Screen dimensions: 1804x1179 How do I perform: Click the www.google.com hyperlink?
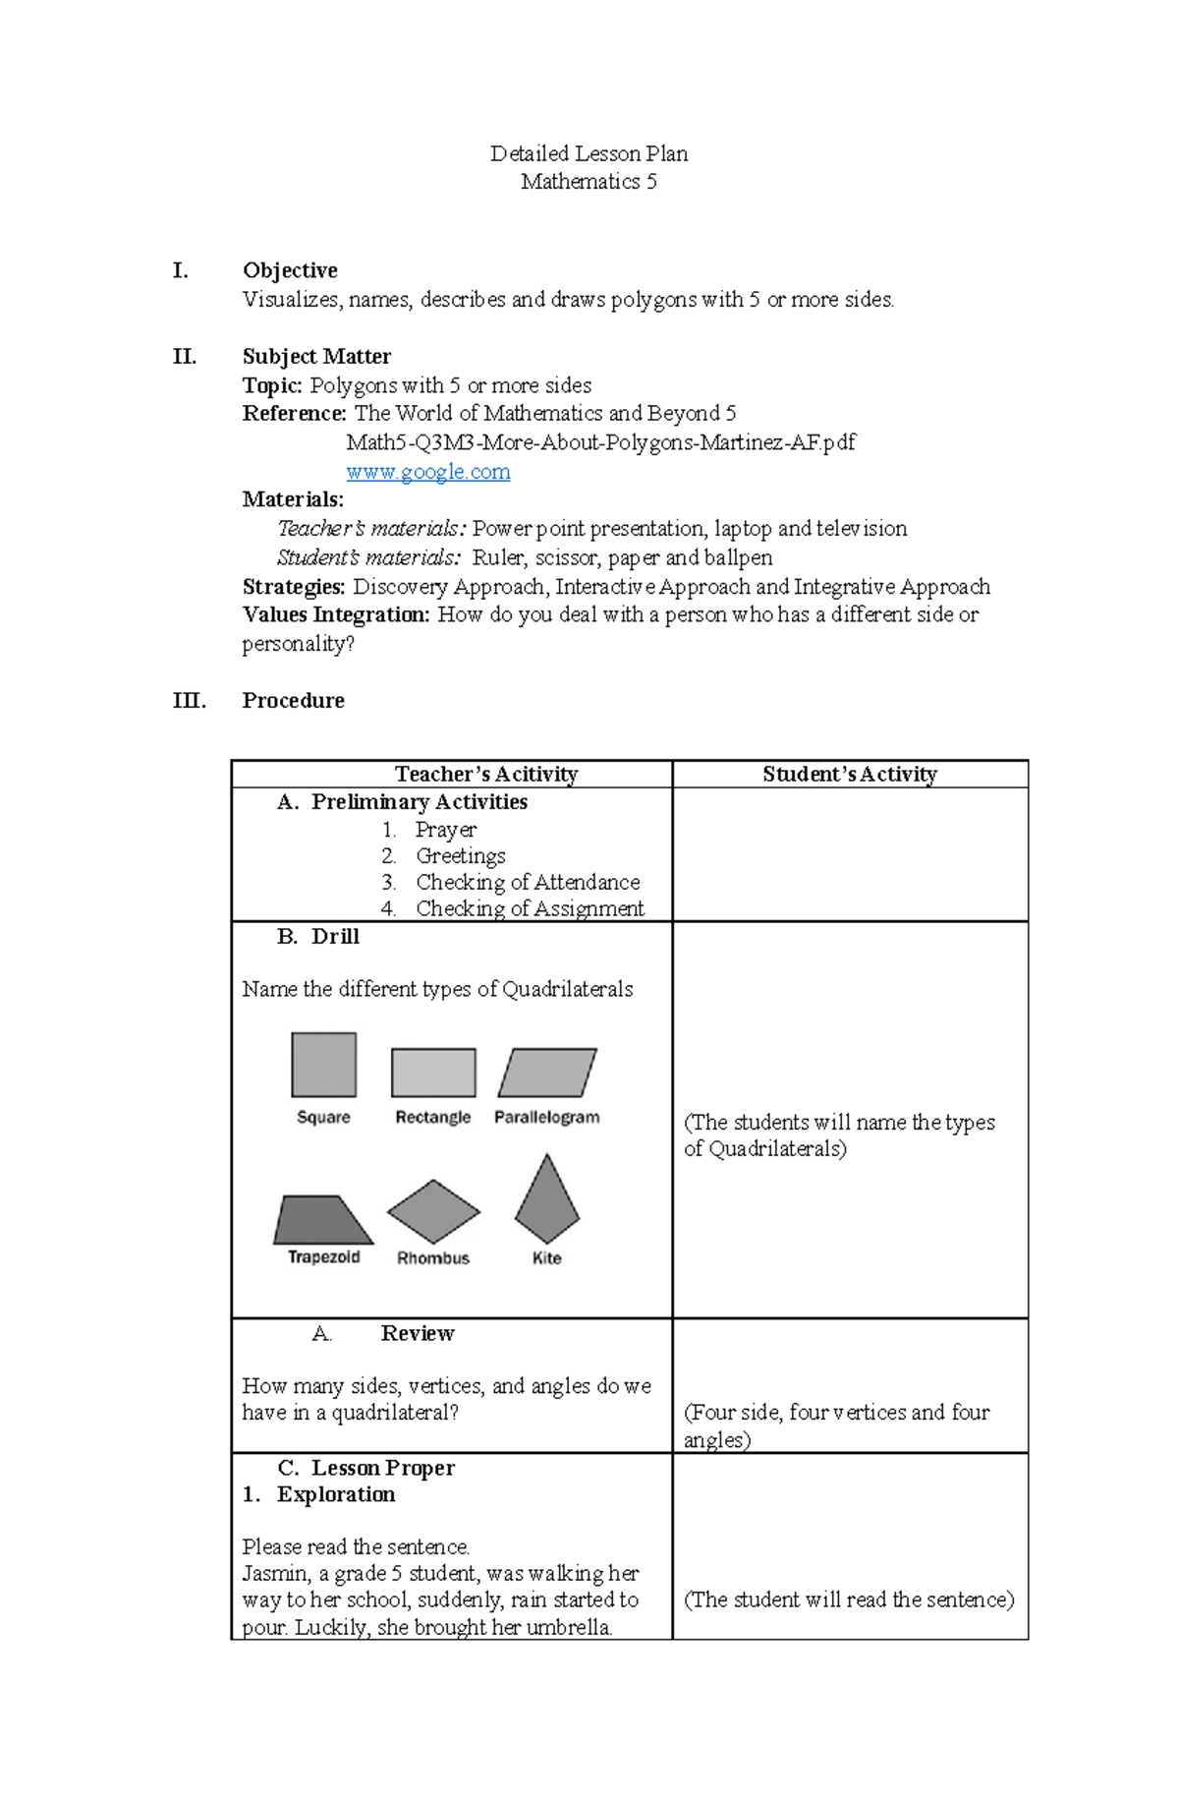point(427,472)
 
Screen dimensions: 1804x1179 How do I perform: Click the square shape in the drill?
point(323,1065)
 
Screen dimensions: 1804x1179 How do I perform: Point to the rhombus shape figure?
point(433,1212)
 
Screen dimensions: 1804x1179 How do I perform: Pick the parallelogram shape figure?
point(547,1073)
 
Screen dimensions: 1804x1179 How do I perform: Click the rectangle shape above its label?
point(433,1073)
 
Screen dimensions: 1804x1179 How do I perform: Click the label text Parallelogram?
point(546,1118)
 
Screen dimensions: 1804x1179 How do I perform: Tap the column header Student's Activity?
point(850,775)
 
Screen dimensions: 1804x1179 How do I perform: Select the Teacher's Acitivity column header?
point(486,775)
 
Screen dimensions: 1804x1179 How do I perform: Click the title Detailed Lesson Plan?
point(589,153)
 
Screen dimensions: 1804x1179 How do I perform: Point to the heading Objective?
point(290,270)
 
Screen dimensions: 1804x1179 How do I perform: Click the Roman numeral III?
point(189,701)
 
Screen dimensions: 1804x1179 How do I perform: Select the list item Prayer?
point(445,831)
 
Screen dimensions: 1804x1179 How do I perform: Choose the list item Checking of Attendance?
point(528,883)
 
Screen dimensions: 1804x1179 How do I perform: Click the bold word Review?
point(418,1334)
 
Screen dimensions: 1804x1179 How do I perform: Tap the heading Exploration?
point(336,1495)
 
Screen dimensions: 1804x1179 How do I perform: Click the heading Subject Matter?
point(316,357)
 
